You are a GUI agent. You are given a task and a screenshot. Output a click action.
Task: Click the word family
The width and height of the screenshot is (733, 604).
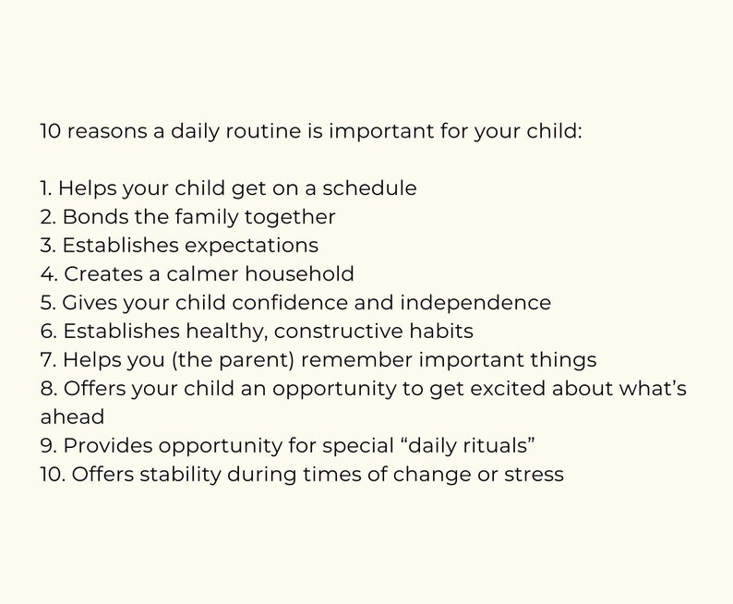click(x=206, y=217)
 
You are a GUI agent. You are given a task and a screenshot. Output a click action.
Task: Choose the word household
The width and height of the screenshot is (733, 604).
click(x=307, y=274)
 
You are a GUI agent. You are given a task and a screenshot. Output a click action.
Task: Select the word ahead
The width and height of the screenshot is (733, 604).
click(x=72, y=417)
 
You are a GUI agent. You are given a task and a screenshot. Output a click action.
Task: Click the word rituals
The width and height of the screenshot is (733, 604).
click(x=497, y=446)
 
